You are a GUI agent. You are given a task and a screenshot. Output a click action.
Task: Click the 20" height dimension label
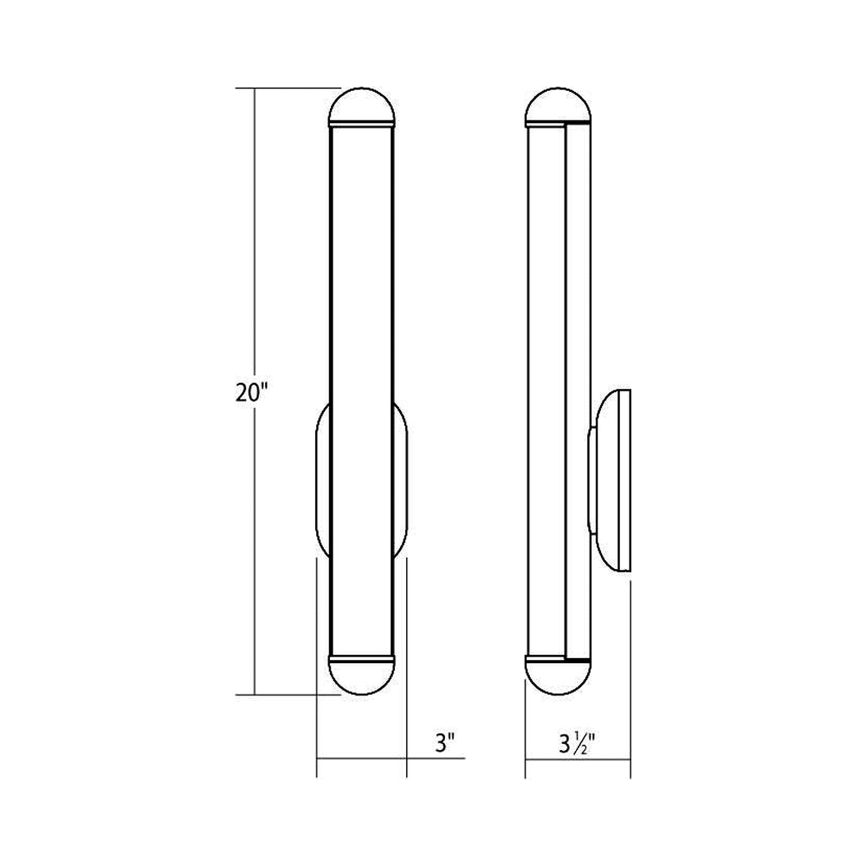(250, 393)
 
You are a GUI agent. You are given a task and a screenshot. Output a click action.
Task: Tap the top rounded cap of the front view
(362, 107)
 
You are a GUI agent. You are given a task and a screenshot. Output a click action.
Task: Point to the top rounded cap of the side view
(557, 107)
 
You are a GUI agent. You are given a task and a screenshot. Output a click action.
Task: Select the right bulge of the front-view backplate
(401, 479)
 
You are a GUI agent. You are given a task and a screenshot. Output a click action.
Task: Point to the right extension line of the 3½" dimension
(630, 677)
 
